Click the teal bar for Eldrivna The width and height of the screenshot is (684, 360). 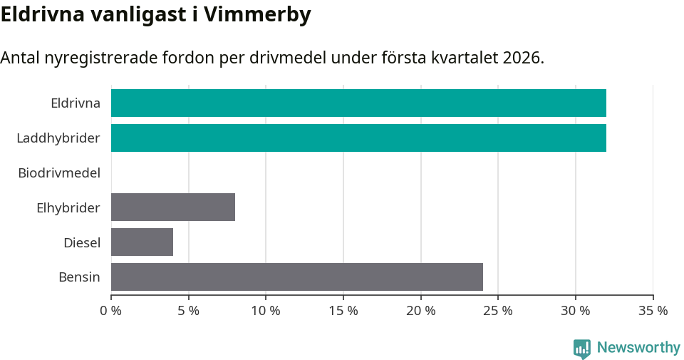click(x=358, y=103)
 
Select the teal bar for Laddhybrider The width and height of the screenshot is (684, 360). click(x=358, y=138)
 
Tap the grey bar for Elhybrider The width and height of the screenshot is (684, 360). click(x=173, y=207)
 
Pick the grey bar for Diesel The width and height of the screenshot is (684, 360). click(x=142, y=242)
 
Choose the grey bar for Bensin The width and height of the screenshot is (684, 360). click(x=297, y=277)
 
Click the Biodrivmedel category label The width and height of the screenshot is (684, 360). click(x=59, y=173)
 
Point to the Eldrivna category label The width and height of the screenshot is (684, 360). click(x=76, y=103)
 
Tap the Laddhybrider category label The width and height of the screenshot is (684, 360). click(x=58, y=138)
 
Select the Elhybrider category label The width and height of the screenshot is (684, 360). click(x=68, y=208)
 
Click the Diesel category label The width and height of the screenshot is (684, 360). click(x=82, y=243)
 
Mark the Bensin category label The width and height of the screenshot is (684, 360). click(x=79, y=277)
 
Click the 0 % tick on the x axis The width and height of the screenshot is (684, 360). click(x=111, y=311)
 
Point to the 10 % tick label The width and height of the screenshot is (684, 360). click(x=266, y=311)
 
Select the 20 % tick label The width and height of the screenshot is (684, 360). click(x=421, y=311)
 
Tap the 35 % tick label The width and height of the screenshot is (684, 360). click(x=653, y=311)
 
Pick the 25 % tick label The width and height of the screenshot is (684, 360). click(x=498, y=311)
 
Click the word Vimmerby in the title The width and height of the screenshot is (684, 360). click(x=257, y=15)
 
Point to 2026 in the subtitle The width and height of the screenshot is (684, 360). click(x=522, y=58)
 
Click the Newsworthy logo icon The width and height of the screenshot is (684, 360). click(x=582, y=348)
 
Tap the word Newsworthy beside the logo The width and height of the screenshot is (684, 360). click(x=638, y=348)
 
